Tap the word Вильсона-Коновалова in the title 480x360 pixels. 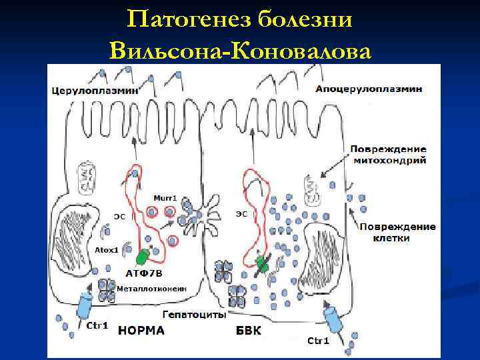point(239,49)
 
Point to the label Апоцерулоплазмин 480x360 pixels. point(367,89)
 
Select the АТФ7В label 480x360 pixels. point(144,273)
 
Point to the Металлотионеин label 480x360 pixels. point(151,288)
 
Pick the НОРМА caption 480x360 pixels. point(147,329)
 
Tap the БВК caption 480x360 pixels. point(249,329)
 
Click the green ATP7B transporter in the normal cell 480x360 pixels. point(143,256)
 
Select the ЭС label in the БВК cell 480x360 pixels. point(241,214)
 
